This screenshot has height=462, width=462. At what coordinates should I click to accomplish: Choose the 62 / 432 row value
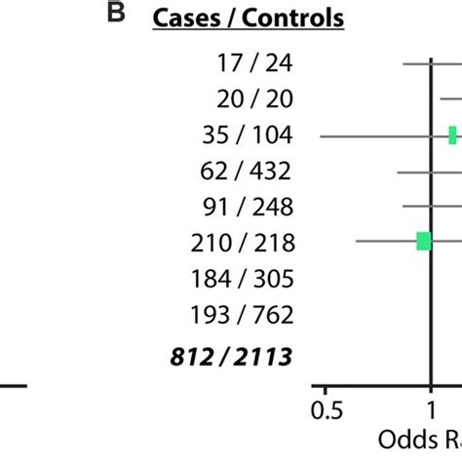[243, 171]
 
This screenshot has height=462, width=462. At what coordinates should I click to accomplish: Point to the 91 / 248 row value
[244, 207]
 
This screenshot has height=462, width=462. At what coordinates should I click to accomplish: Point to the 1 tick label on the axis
[430, 408]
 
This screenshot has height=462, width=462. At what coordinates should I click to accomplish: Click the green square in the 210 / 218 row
[424, 241]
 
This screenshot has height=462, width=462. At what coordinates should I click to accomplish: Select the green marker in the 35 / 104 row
[453, 135]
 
